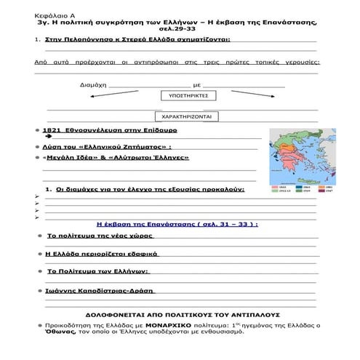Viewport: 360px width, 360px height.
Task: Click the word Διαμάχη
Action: pyautogui.click(x=92, y=85)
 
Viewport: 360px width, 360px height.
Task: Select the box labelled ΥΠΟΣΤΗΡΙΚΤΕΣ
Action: pyautogui.click(x=184, y=95)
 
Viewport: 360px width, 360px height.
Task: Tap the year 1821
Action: pyautogui.click(x=53, y=129)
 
